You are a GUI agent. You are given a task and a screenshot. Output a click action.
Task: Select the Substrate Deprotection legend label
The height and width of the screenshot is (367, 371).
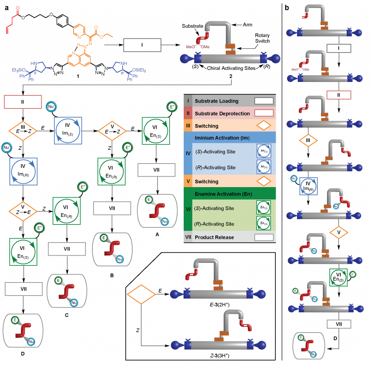222,114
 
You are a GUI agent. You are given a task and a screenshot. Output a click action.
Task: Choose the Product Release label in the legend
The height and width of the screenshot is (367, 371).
214,237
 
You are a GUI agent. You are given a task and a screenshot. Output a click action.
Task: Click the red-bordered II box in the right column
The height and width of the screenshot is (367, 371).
339,95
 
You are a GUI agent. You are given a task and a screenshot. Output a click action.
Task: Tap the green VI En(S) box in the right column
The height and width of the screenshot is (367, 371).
338,277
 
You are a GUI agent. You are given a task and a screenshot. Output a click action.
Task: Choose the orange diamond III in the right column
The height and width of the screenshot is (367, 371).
308,140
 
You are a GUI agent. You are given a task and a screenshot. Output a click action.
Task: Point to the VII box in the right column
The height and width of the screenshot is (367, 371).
339,324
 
